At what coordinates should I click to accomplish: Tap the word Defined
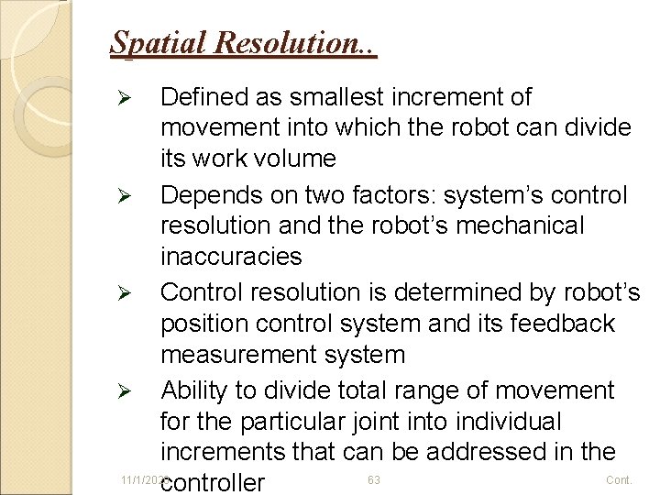pos(203,97)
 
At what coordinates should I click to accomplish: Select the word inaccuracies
pos(230,256)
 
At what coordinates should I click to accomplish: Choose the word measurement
pos(236,354)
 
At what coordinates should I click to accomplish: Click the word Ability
pos(193,391)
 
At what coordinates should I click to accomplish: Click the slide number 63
pos(374,480)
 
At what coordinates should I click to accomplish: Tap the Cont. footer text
pos(620,480)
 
